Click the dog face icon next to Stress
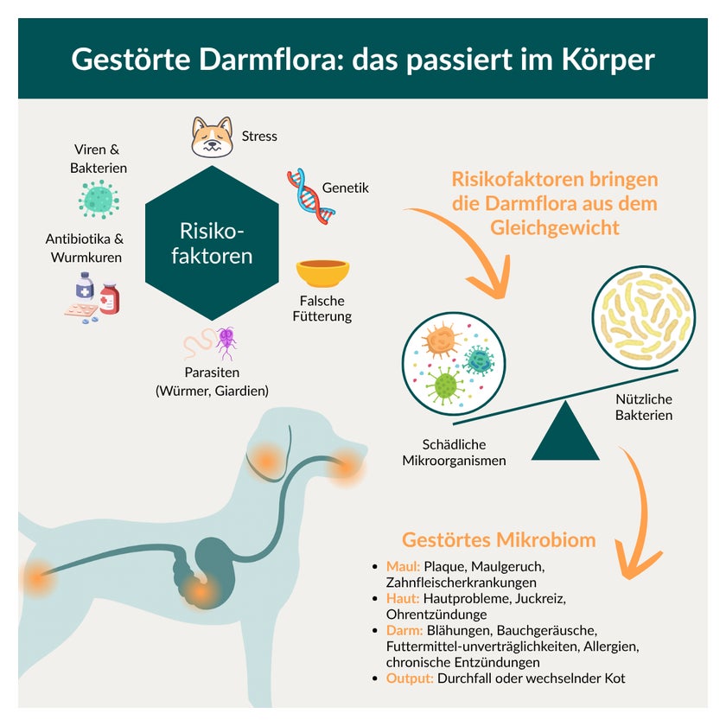(x=212, y=137)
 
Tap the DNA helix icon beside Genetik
(x=310, y=196)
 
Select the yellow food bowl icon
(x=322, y=273)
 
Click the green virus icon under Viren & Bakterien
(x=99, y=200)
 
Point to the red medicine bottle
(x=110, y=299)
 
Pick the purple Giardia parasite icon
(x=226, y=343)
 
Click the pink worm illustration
(x=199, y=344)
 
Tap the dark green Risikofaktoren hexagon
(x=212, y=243)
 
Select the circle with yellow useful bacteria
(x=644, y=317)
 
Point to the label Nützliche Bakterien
(x=644, y=407)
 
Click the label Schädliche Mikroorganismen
(x=454, y=452)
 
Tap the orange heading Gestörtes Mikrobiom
(x=499, y=540)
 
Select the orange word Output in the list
(x=410, y=678)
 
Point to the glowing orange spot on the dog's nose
(x=346, y=468)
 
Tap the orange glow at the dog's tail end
(x=37, y=578)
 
